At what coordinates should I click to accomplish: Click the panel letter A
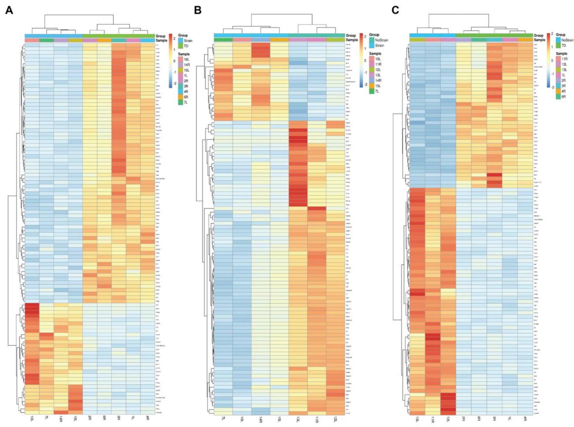point(9,11)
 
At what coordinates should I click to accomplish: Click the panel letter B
point(198,11)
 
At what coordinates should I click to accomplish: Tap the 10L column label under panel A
point(32,419)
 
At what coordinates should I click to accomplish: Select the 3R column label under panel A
point(119,419)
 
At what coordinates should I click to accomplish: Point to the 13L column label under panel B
point(298,420)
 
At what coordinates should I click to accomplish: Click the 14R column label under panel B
point(260,420)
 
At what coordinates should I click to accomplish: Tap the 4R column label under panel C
point(525,419)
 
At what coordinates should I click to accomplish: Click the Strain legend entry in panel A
point(188,41)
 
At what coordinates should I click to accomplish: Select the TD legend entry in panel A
point(186,46)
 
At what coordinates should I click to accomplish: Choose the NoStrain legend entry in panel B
point(381,40)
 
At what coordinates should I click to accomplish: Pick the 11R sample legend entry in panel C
point(564,59)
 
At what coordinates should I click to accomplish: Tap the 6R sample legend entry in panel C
point(563,96)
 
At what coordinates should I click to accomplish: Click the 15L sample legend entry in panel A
point(186,70)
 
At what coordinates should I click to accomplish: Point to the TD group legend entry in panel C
point(563,45)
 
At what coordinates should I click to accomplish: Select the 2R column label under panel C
point(463,419)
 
